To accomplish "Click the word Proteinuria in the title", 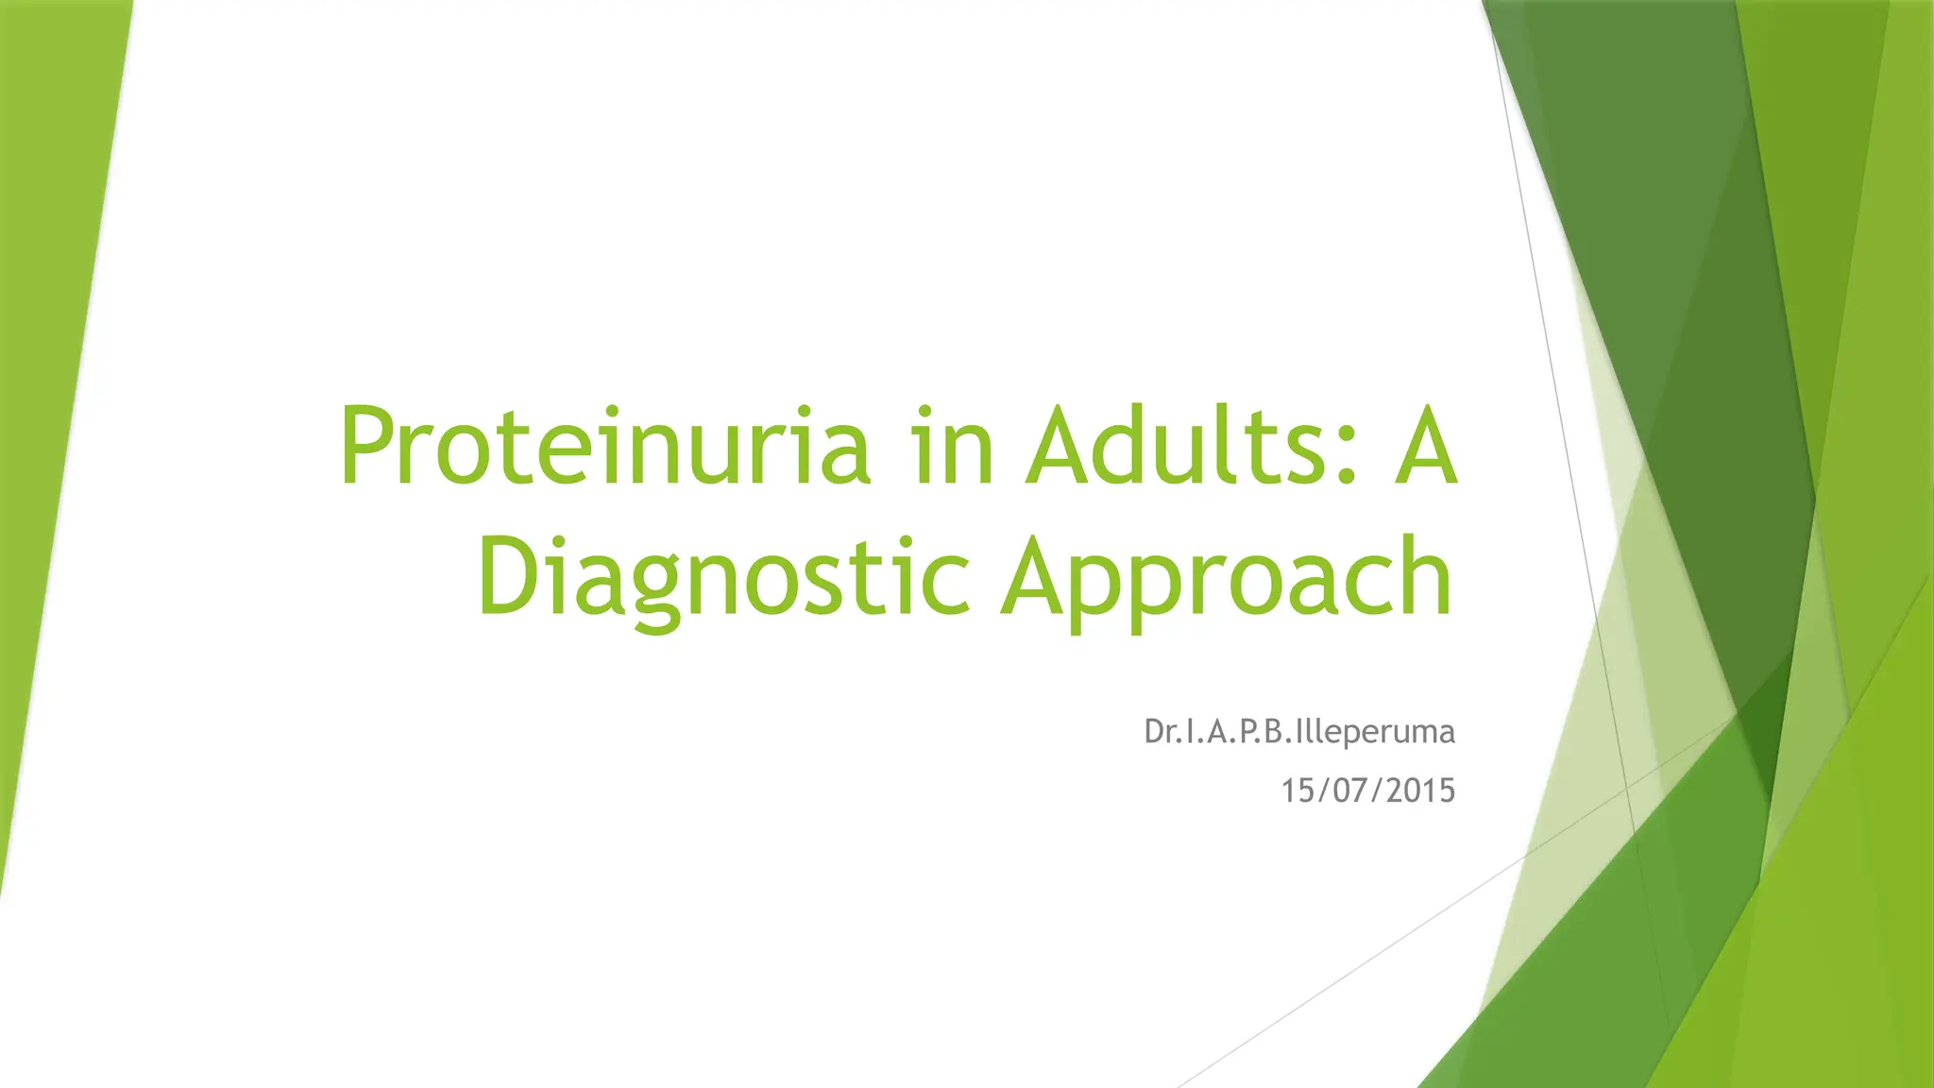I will point(604,446).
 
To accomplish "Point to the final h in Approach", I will point(1425,574).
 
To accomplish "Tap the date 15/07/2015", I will point(1367,790).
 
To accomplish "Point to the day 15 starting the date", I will point(1296,790).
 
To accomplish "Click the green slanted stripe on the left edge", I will point(57,378).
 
